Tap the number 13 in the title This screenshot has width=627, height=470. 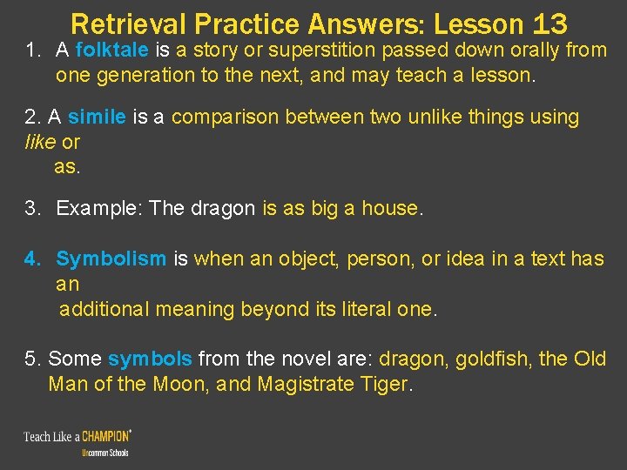pos(545,23)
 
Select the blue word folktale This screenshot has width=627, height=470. pos(112,50)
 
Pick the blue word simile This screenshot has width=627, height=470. pos(98,117)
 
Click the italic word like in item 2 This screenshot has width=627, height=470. pos(40,142)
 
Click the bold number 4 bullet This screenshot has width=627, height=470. pos(32,258)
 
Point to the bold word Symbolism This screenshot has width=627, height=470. pos(111,258)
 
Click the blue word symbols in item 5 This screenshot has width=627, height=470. pos(150,359)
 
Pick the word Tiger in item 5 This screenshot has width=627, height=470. pos(383,384)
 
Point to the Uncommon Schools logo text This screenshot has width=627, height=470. pos(104,453)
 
